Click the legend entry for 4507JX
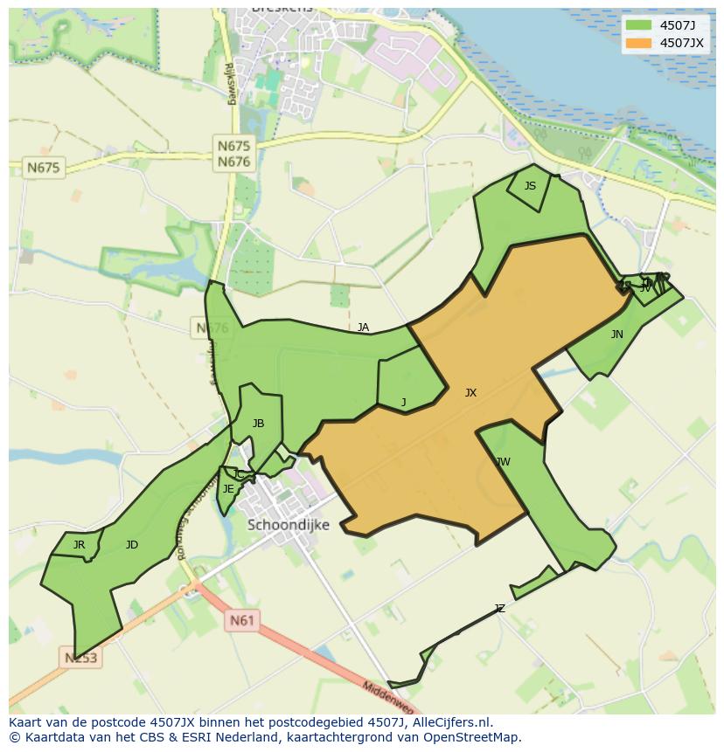[681, 43]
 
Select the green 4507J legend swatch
[639, 24]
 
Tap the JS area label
[530, 186]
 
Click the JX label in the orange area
[470, 393]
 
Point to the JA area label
[363, 328]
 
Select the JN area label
[617, 335]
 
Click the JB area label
[258, 424]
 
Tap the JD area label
[131, 545]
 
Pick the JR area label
[79, 545]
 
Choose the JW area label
[503, 462]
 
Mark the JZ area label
[499, 609]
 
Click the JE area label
[228, 489]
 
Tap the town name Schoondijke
[289, 525]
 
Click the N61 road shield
[242, 621]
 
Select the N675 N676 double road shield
[233, 155]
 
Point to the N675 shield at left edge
[44, 167]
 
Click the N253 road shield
[81, 657]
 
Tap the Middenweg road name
[389, 697]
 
